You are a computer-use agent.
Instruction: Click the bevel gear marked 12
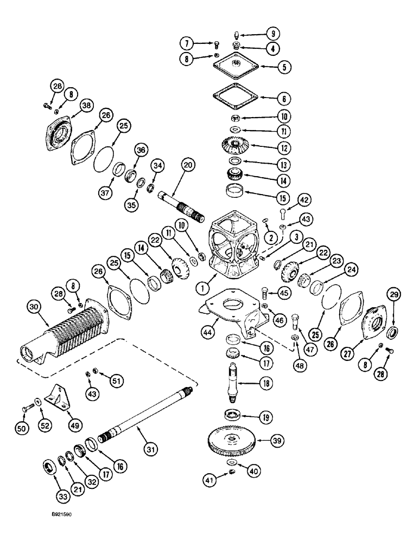[240, 145]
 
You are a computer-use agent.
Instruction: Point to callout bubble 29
[393, 295]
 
